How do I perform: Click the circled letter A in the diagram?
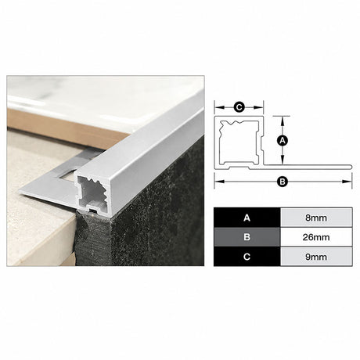(283, 141)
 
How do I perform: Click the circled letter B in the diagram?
(283, 182)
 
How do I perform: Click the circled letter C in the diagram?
(239, 107)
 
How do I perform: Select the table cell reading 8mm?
(316, 218)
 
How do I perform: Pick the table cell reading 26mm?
(316, 237)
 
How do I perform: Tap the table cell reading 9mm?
(316, 257)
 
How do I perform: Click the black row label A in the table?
(247, 218)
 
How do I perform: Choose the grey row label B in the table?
(247, 237)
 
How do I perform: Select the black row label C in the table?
(247, 257)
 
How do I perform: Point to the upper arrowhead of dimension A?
(283, 121)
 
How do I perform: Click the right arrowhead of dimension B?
(347, 182)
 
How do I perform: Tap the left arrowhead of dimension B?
(219, 182)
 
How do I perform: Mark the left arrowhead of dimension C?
(219, 107)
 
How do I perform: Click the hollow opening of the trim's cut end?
(93, 193)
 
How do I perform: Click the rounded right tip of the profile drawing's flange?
(351, 167)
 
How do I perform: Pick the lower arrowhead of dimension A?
(283, 160)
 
